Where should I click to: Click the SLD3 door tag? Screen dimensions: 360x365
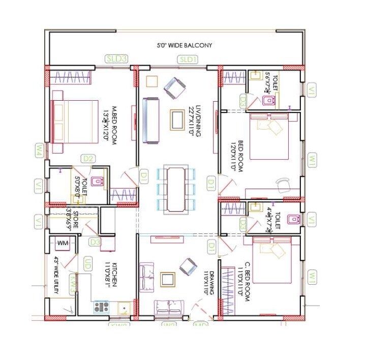(116, 58)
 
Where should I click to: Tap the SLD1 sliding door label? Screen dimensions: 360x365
(188, 59)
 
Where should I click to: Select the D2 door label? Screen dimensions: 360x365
(88, 159)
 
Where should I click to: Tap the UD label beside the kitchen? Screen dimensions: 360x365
(87, 263)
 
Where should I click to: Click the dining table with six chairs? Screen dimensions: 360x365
(176, 188)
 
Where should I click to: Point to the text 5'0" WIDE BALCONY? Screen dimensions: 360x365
(184, 46)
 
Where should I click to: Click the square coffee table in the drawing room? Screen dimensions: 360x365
(167, 279)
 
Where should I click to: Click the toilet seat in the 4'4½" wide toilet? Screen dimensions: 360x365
(292, 219)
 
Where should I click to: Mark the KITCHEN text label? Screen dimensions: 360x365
(118, 274)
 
